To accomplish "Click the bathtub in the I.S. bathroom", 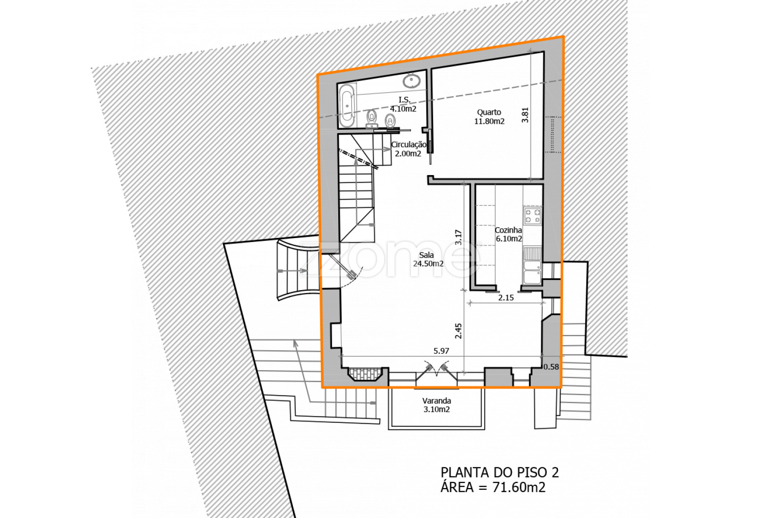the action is [347, 105].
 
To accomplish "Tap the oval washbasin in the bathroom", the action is [411, 81].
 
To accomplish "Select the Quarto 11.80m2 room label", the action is [489, 117].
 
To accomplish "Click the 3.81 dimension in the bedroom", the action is [525, 115].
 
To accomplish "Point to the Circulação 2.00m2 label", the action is [408, 149].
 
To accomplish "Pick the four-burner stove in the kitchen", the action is [533, 215].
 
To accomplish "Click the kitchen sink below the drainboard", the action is [532, 272].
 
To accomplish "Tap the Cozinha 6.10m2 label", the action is [508, 235].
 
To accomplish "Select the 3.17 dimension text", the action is [458, 237].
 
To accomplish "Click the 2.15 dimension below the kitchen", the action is [506, 298].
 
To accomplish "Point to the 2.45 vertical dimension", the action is [458, 331].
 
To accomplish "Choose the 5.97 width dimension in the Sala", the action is [441, 351].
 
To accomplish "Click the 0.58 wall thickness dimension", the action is [551, 367].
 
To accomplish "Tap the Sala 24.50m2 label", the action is [428, 259].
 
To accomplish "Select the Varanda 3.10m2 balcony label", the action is [436, 405].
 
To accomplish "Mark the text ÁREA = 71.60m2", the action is [493, 487].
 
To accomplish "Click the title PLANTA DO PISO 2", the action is [500, 472].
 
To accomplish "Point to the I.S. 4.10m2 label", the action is [403, 104].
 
